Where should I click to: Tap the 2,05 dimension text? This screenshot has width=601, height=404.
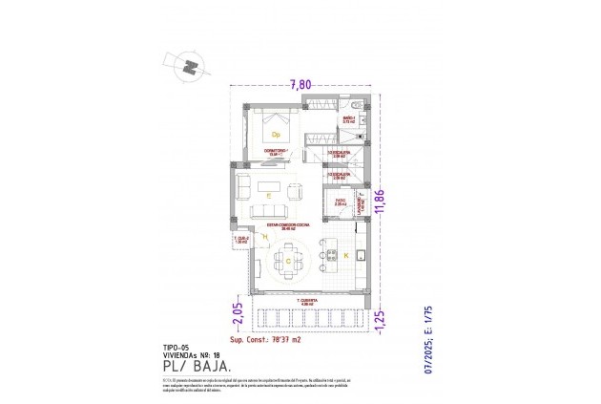pyautogui.click(x=237, y=312)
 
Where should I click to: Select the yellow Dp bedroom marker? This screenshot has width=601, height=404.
pyautogui.click(x=274, y=135)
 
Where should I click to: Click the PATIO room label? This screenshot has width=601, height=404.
pyautogui.click(x=340, y=200)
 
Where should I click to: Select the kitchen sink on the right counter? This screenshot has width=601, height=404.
pyautogui.click(x=363, y=254)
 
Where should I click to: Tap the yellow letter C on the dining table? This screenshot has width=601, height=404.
pyautogui.click(x=287, y=259)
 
